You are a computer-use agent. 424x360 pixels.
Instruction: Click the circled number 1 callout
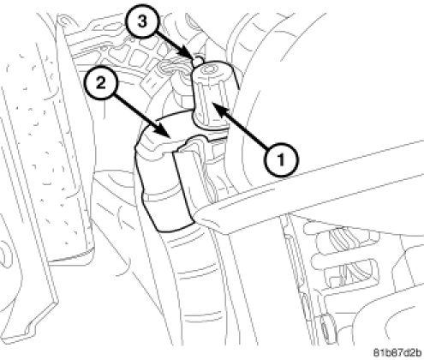click(x=281, y=159)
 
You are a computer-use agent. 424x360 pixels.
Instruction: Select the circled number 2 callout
click(x=101, y=84)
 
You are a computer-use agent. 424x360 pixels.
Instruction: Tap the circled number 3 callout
click(x=142, y=21)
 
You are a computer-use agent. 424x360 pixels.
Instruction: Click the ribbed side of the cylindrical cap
click(x=212, y=96)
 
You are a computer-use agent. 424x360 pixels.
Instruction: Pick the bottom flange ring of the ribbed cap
click(x=210, y=122)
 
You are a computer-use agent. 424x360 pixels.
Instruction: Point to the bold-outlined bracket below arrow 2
click(x=163, y=183)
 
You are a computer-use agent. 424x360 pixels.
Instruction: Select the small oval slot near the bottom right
click(x=324, y=325)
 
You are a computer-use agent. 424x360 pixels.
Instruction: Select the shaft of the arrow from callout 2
click(x=139, y=111)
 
